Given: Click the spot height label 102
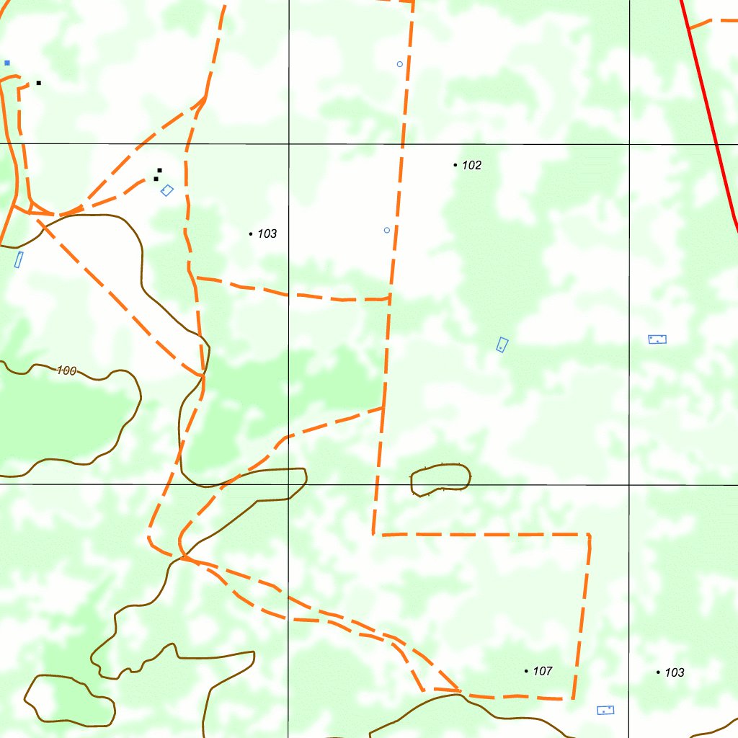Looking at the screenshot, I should click(471, 165).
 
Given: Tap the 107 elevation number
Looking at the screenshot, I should click(542, 671).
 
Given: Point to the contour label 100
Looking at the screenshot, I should click(66, 370).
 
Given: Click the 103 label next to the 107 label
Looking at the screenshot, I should click(674, 672).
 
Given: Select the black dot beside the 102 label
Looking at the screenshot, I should click(455, 165).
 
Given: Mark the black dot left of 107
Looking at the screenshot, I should click(526, 671).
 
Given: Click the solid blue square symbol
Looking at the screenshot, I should click(7, 63).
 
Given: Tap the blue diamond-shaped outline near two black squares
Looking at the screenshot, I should click(167, 190).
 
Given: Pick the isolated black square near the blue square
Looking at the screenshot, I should click(38, 83).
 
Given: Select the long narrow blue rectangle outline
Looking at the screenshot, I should click(19, 259).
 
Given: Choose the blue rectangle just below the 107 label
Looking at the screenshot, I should click(605, 710).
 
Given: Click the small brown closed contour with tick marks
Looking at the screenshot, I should click(440, 479).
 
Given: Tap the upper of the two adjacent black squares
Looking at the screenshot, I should click(159, 170).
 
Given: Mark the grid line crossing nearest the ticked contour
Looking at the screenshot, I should click(289, 484).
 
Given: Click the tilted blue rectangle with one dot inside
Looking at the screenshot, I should click(502, 345).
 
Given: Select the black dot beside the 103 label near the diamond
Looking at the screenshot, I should click(250, 234).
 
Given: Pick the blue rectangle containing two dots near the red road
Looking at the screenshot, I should click(657, 339).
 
